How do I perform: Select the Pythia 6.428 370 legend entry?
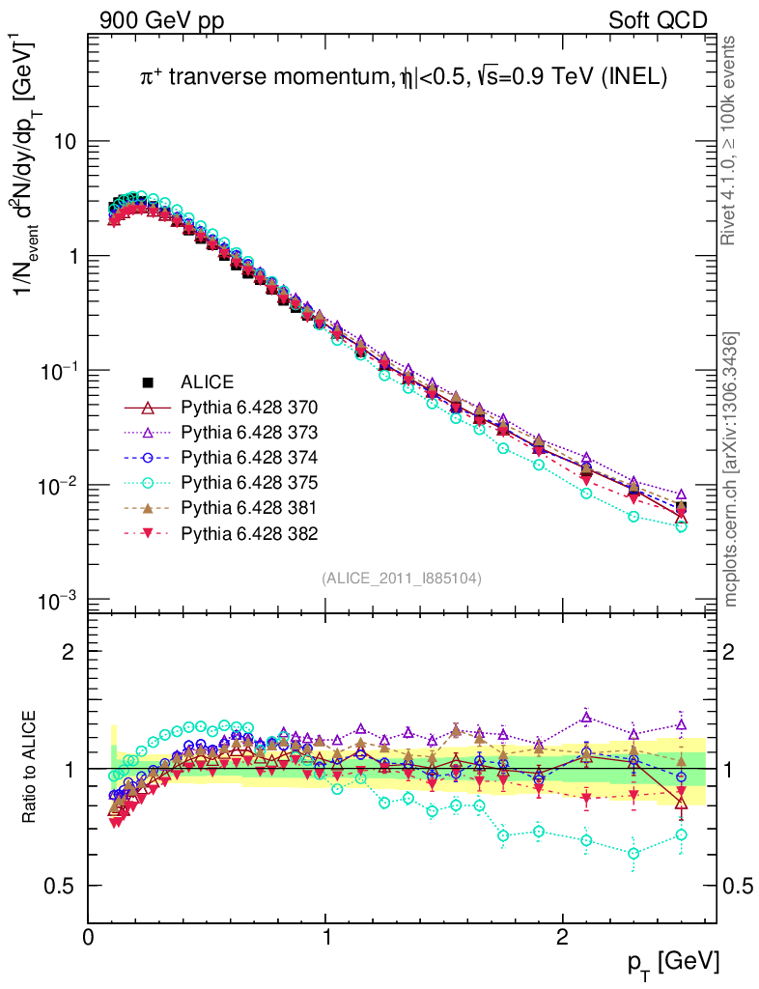[x=249, y=407]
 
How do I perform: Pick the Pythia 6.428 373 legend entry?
[x=249, y=432]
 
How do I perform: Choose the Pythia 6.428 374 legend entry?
[x=249, y=457]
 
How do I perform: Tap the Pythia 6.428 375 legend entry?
[x=249, y=482]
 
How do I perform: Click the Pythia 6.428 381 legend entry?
[x=249, y=507]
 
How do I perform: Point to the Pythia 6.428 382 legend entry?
[x=249, y=532]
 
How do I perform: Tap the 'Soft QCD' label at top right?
[x=659, y=20]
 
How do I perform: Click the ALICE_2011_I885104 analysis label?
[x=402, y=578]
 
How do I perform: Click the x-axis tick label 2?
[x=563, y=938]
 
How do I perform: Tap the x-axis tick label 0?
[x=89, y=938]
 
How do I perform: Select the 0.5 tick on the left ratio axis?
[x=63, y=886]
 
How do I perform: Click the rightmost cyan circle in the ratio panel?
[x=682, y=834]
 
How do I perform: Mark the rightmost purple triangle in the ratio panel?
[x=682, y=723]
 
